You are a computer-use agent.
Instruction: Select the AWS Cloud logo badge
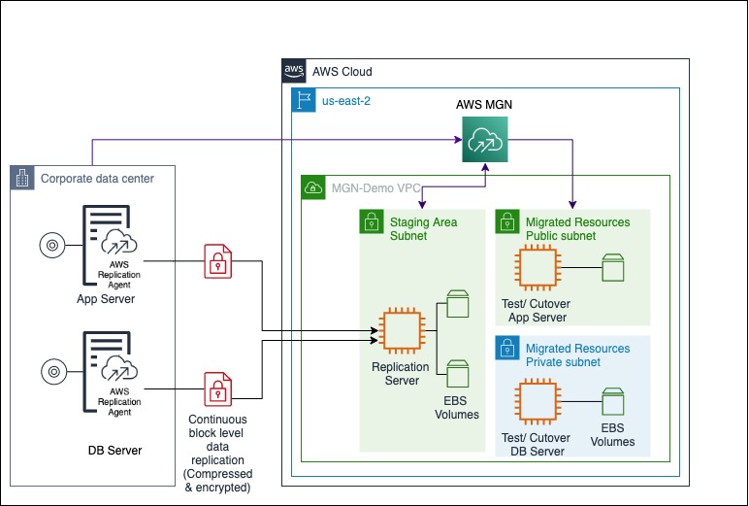click(293, 71)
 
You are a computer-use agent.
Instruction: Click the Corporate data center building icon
click(23, 178)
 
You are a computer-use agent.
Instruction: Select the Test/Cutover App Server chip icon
click(538, 267)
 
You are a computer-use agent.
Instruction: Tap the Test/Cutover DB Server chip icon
click(538, 402)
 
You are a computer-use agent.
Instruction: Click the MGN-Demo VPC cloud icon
click(314, 187)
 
